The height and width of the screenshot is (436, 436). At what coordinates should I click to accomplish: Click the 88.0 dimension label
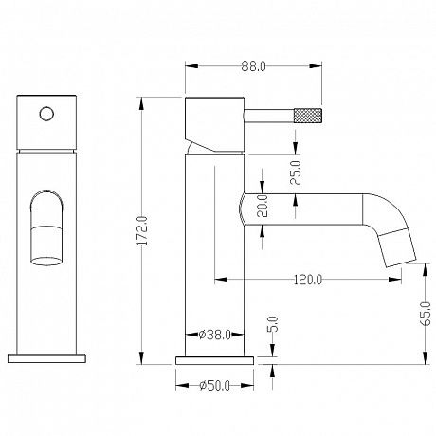pyautogui.click(x=253, y=66)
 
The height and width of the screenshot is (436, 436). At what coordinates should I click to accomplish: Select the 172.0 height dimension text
pyautogui.click(x=143, y=230)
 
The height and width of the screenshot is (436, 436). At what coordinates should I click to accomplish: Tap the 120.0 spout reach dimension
pyautogui.click(x=308, y=280)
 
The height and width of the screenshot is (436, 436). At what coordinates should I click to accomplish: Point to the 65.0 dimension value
pyautogui.click(x=427, y=313)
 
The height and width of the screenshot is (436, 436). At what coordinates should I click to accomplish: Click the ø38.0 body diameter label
pyautogui.click(x=215, y=335)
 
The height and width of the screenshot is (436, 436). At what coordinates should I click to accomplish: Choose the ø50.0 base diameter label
pyautogui.click(x=214, y=386)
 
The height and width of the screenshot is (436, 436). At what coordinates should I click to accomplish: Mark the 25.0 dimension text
pyautogui.click(x=296, y=173)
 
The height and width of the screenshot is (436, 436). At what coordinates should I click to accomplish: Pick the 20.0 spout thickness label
pyautogui.click(x=263, y=206)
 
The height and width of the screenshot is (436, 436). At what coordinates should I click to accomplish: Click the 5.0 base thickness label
pyautogui.click(x=273, y=324)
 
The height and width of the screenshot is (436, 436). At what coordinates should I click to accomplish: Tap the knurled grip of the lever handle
pyautogui.click(x=308, y=116)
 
